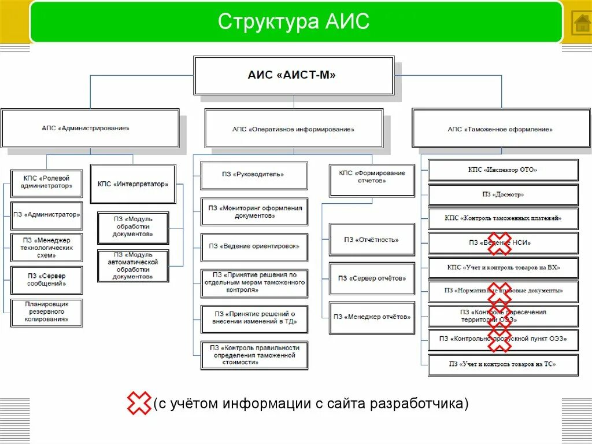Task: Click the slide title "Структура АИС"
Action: coord(293,22)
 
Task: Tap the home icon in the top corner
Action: coord(580,23)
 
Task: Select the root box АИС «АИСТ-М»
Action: coord(293,75)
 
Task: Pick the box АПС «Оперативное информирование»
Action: coord(293,129)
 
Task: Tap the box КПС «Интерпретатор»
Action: coord(133,184)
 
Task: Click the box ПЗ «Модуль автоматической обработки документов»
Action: coord(134,266)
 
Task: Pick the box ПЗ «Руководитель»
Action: coord(254,174)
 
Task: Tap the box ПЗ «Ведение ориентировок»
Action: coord(254,246)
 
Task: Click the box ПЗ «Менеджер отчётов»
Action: coord(372,317)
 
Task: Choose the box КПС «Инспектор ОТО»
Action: coord(503,170)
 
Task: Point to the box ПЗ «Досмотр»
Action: coord(503,195)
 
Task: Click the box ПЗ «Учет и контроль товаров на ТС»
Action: coord(503,364)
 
